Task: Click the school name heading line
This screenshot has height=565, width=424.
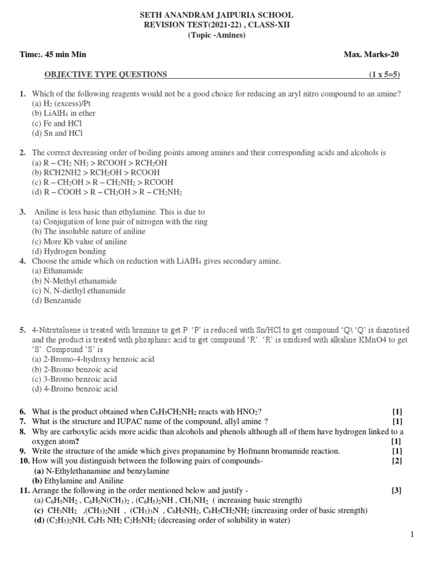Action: coord(216,15)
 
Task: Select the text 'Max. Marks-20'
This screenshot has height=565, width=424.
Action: coord(371,54)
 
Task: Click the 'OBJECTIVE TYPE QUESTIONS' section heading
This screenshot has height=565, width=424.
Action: coord(105,74)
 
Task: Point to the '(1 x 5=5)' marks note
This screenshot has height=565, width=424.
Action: coord(384,74)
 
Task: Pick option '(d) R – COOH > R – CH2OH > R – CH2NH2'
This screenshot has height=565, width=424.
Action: coord(107,192)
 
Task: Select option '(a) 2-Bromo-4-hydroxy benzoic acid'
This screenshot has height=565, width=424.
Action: coord(93,359)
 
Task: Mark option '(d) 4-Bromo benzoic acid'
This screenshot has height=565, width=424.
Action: coord(75,389)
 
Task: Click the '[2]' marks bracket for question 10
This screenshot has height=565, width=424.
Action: coord(397,461)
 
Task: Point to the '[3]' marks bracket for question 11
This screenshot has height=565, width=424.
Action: coord(397,490)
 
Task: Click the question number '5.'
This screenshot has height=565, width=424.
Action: coord(23,330)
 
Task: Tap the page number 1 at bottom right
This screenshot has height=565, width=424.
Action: coord(412,534)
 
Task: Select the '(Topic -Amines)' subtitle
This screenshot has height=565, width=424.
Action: coord(216,35)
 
